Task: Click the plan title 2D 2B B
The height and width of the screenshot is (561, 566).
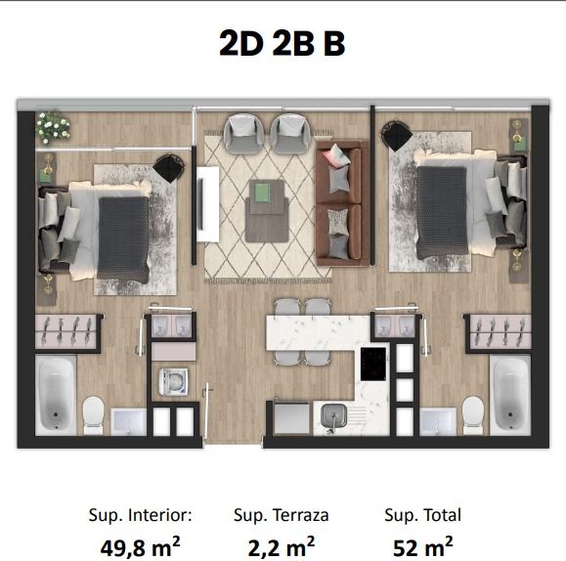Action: (x=282, y=43)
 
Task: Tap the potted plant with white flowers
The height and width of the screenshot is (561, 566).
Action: (x=53, y=127)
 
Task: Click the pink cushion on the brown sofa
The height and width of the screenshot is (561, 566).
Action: (x=336, y=155)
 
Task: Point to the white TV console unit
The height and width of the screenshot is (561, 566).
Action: (x=207, y=204)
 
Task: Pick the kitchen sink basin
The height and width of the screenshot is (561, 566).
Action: (x=334, y=415)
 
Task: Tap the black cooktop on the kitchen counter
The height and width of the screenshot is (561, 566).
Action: (x=373, y=364)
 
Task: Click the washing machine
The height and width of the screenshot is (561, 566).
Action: (x=174, y=381)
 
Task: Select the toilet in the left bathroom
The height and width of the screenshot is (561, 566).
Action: (x=93, y=415)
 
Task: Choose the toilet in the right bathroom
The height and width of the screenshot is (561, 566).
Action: (x=473, y=415)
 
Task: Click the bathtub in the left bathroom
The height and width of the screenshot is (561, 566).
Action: (x=56, y=395)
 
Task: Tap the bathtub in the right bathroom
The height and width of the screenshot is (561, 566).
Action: (x=510, y=395)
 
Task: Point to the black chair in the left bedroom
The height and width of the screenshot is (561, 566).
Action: (x=168, y=168)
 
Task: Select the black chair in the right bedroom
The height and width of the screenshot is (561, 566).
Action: (x=396, y=136)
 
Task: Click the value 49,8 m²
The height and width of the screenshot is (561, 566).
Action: (x=140, y=547)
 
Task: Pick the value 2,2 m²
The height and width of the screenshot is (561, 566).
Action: (x=282, y=547)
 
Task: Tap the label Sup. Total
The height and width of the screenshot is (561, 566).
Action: (x=422, y=515)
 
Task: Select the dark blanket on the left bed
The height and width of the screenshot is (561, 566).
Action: (x=123, y=239)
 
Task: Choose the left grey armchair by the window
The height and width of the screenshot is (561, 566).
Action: (x=243, y=134)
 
